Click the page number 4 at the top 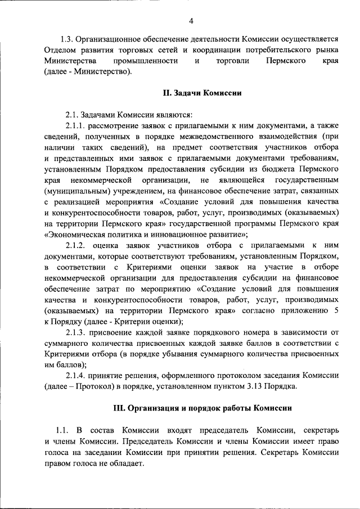[191, 21]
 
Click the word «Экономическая [75, 235]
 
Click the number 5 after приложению [336, 310]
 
